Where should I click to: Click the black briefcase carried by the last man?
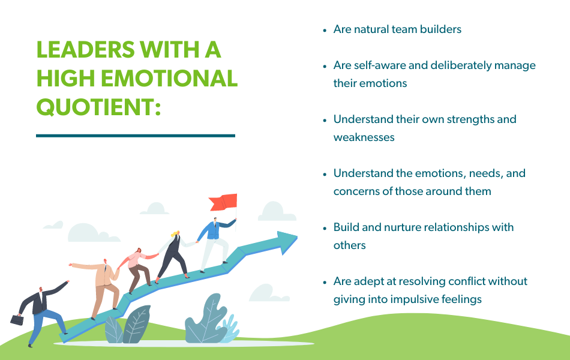point(17,320)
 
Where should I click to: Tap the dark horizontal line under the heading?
point(136,136)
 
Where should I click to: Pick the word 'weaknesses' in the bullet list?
point(364,137)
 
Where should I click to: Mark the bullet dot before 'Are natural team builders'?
point(325,29)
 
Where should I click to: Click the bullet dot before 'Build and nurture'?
point(325,227)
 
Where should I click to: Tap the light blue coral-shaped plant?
point(229,330)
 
